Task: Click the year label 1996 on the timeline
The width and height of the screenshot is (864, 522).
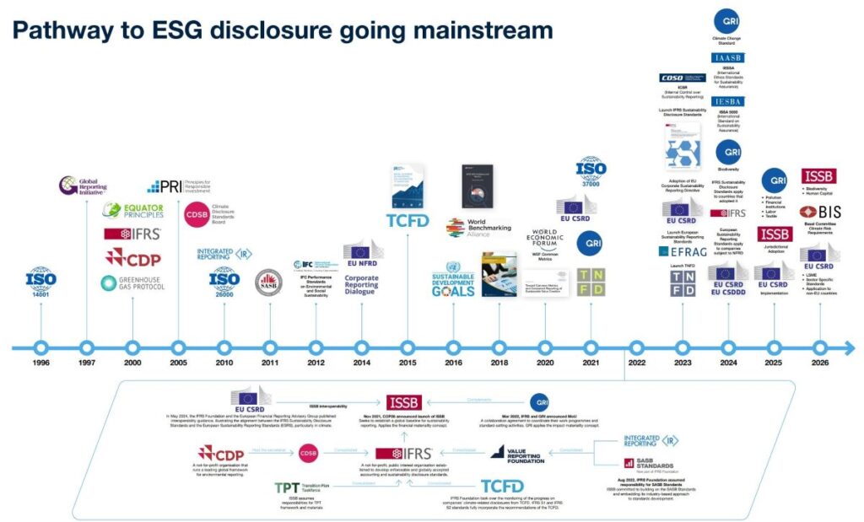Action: coord(40,363)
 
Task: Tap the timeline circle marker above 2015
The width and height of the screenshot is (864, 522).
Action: coord(408,347)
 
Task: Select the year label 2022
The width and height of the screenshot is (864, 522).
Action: coord(636,363)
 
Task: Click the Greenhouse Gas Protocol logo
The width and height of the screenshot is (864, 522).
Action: coord(132,283)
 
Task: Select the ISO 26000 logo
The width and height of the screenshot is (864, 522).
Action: coord(224,280)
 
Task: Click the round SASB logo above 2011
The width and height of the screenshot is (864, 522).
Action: coord(269,281)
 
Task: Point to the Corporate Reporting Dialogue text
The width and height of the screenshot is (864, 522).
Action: coord(362,282)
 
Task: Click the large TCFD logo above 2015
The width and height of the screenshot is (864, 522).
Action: coord(408,221)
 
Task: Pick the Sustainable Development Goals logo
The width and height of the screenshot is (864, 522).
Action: coord(453,284)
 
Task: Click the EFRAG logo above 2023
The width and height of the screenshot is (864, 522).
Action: coord(682,250)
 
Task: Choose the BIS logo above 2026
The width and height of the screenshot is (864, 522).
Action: coord(818,213)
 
